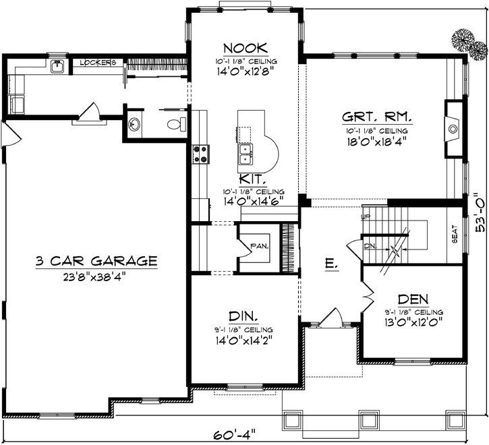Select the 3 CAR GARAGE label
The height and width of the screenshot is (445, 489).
coord(96,260)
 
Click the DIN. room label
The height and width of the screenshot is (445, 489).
coord(243,316)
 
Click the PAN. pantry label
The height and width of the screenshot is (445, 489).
coord(259,246)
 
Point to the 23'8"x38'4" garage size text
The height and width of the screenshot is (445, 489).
coord(96,275)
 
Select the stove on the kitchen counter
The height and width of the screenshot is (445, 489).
coord(200,154)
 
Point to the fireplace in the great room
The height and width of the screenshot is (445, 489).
coord(453,126)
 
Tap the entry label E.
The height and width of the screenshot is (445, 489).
coord(331,264)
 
